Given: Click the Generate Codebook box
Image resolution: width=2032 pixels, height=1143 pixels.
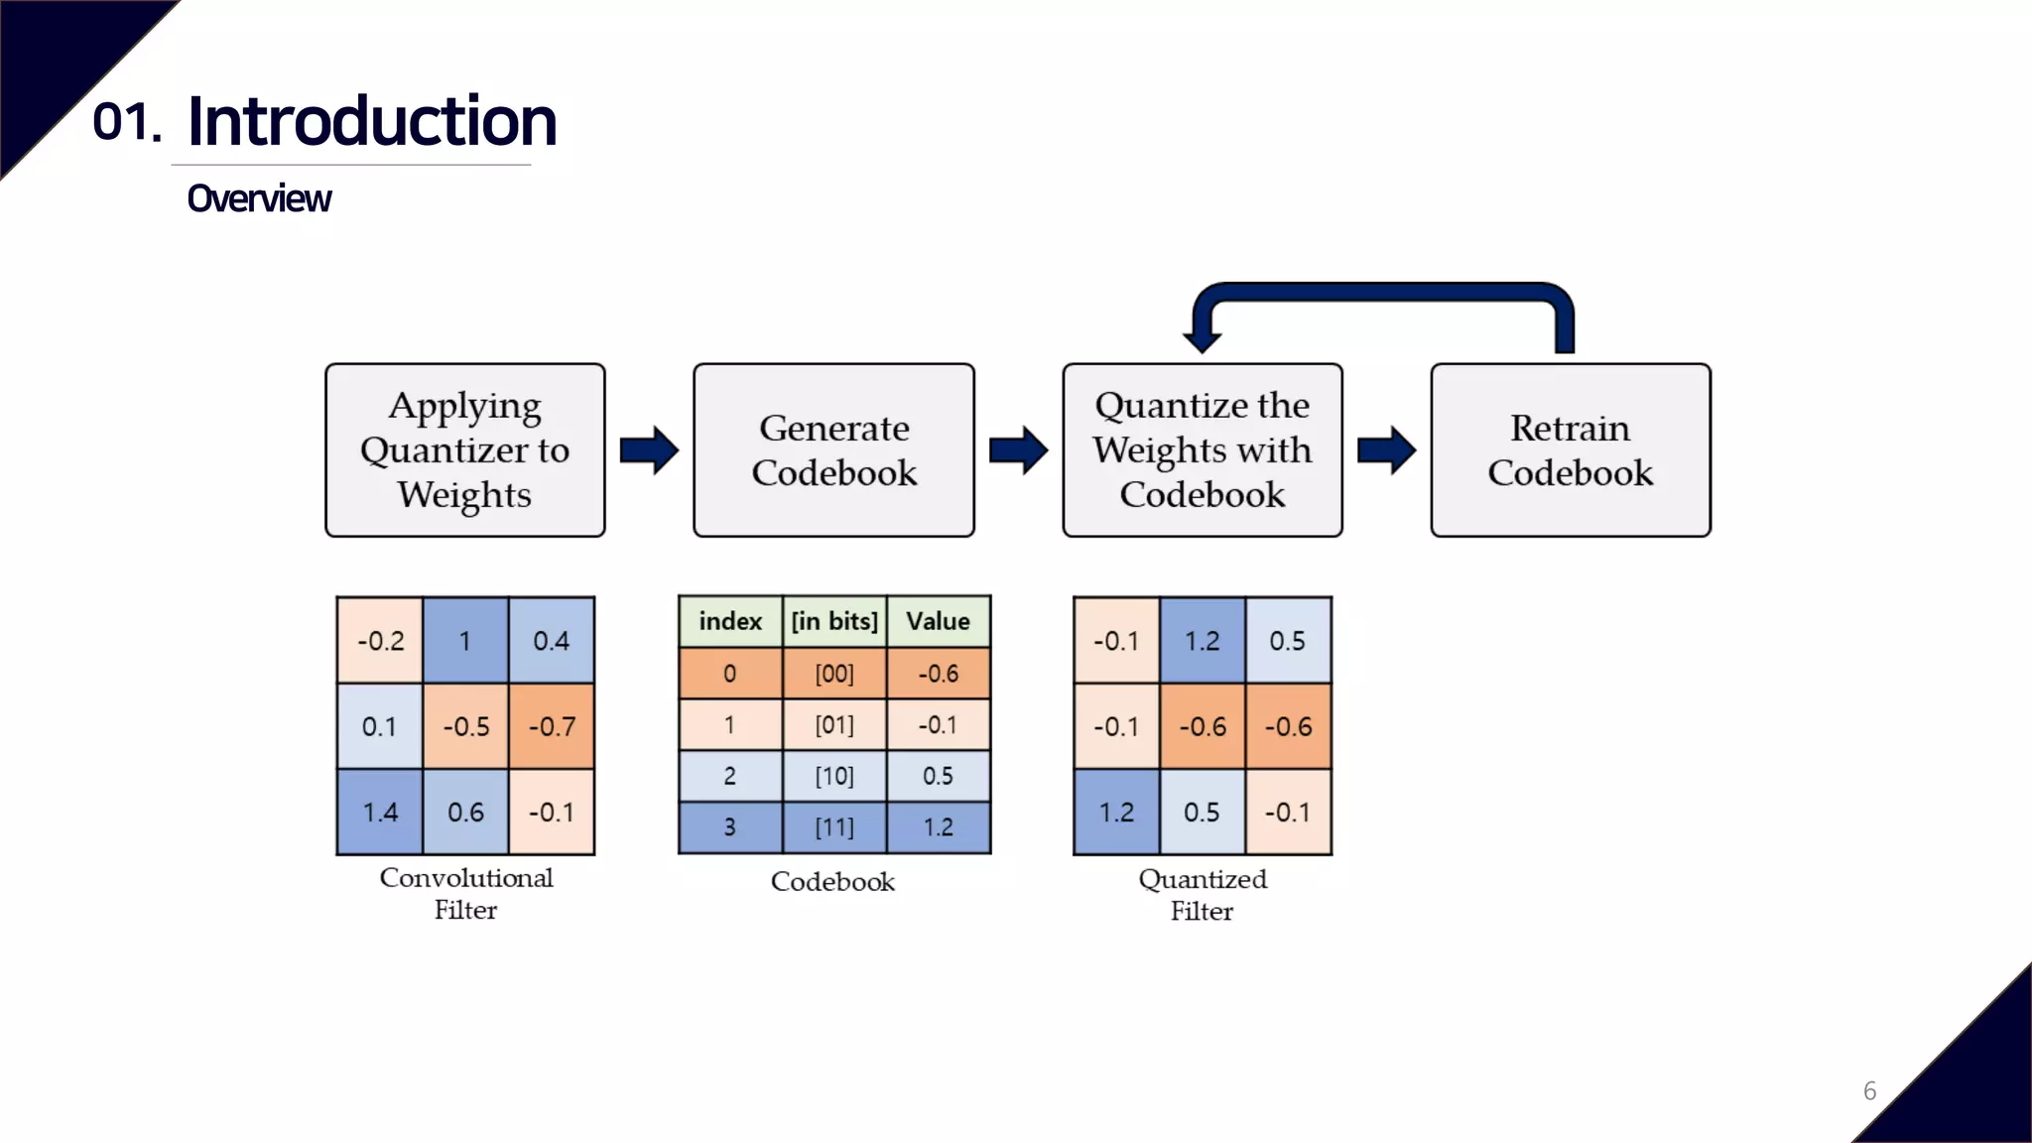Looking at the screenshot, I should (833, 449).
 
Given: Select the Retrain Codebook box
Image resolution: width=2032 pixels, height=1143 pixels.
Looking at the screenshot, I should (1570, 449).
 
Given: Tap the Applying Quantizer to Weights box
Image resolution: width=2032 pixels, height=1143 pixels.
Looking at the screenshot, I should (464, 449).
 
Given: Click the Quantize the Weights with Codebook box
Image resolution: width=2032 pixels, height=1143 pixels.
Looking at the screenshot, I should (1202, 449).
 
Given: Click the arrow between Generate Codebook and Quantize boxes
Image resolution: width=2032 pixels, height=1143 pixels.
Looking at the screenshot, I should (1018, 450).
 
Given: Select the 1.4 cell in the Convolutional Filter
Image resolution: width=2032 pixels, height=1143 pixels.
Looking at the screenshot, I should (379, 812).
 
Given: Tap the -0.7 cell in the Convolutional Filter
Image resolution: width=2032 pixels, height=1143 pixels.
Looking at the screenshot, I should (552, 726).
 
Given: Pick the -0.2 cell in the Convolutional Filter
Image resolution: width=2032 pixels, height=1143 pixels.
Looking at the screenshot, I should (380, 641).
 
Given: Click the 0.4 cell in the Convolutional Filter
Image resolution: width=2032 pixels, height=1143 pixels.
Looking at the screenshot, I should (552, 641).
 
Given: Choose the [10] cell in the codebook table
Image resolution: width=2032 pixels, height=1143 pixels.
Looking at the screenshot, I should (833, 776).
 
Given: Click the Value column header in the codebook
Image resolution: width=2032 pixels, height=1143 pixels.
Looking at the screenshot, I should (938, 621).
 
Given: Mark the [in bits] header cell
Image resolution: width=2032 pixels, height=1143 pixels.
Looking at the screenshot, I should (833, 621).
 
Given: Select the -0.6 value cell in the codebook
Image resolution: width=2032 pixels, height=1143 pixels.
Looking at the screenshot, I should (938, 674).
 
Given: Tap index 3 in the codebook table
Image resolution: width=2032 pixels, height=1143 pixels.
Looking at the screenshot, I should (729, 827).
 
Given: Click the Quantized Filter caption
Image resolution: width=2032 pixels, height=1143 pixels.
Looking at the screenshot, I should (1202, 894).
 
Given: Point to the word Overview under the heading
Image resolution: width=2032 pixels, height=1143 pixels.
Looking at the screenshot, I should (259, 198).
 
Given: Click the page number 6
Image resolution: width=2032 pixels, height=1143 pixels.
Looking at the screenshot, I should (1869, 1091).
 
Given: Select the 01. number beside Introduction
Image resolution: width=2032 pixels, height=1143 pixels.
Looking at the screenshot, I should (126, 122).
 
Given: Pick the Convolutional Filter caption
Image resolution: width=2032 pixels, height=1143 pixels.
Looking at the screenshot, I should (465, 893).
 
